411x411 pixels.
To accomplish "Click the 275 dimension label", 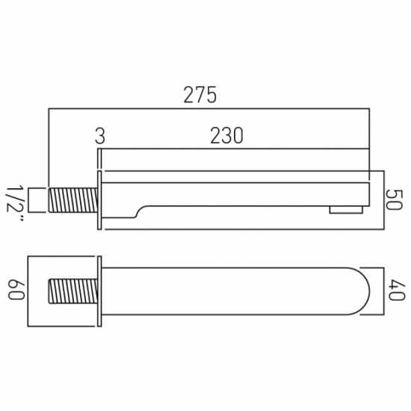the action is pos(200,95).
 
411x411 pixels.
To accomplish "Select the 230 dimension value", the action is pos(226,136).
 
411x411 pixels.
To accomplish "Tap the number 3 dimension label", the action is pos(100,136).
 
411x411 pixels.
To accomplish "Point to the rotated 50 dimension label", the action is pos(394,200).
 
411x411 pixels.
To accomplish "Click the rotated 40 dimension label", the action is pos(397,290).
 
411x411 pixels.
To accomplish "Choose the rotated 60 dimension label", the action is pos(16,291).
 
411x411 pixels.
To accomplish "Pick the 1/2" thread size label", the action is pos(15,204).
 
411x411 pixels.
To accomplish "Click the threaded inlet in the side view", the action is pos(73,200).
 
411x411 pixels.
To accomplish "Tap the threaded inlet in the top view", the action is pos(73,291).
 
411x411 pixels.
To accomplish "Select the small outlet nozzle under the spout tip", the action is pos(346,210).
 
